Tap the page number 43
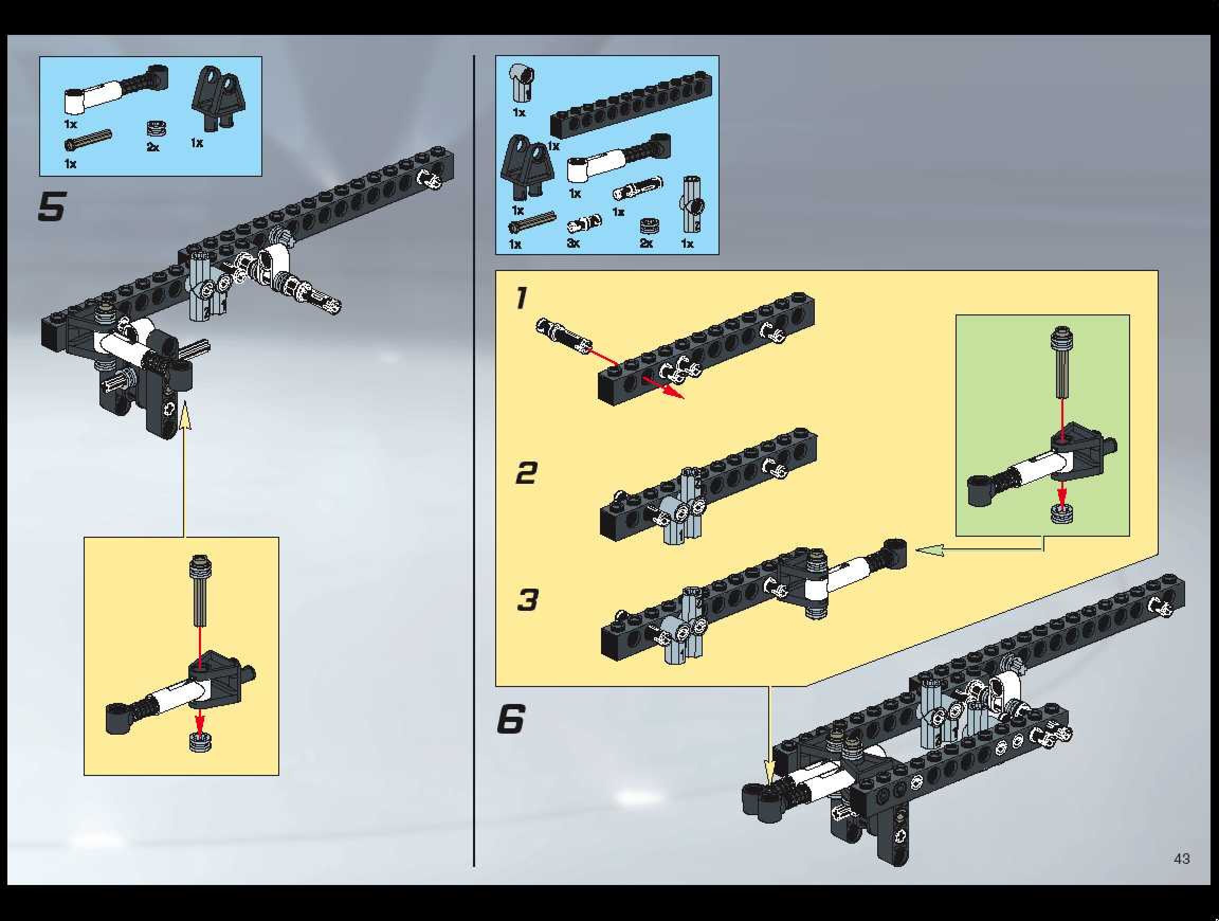[x=1181, y=859]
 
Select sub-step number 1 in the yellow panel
[x=521, y=298]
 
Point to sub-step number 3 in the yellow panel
[x=527, y=600]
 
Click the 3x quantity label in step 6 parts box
[x=573, y=243]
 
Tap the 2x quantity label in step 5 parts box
[x=153, y=147]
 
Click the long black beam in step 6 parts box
[x=631, y=105]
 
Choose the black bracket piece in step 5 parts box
[x=220, y=98]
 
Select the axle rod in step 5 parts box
[x=88, y=139]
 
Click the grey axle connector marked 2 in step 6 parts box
[x=692, y=205]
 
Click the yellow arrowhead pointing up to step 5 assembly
[x=185, y=413]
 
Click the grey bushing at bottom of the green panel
[x=1061, y=513]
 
